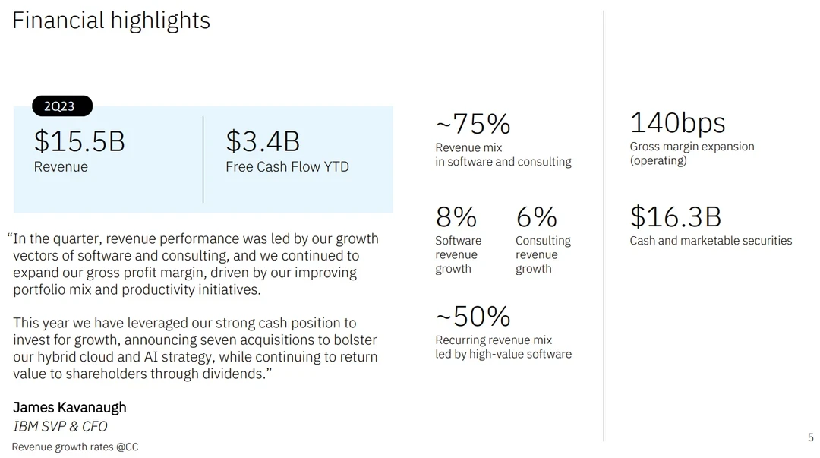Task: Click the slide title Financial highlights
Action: pyautogui.click(x=111, y=21)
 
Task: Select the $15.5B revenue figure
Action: pyautogui.click(x=79, y=141)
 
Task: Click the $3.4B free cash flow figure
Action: pyautogui.click(x=263, y=141)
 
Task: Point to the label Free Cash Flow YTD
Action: pyautogui.click(x=287, y=167)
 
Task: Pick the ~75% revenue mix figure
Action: pyautogui.click(x=472, y=124)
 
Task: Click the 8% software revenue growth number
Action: pyautogui.click(x=456, y=217)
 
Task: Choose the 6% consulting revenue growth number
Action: pyautogui.click(x=536, y=217)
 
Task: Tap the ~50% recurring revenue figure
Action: pyautogui.click(x=472, y=316)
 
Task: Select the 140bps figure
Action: pyautogui.click(x=677, y=123)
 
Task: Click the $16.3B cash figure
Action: pyautogui.click(x=675, y=217)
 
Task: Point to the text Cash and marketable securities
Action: pyautogui.click(x=711, y=241)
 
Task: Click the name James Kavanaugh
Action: pyautogui.click(x=70, y=408)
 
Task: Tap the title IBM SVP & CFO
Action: pyautogui.click(x=60, y=426)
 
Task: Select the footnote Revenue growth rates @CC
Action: pyautogui.click(x=75, y=447)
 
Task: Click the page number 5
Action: pyautogui.click(x=810, y=437)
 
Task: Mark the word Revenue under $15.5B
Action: pyautogui.click(x=61, y=167)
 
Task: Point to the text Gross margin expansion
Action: pyautogui.click(x=692, y=147)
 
